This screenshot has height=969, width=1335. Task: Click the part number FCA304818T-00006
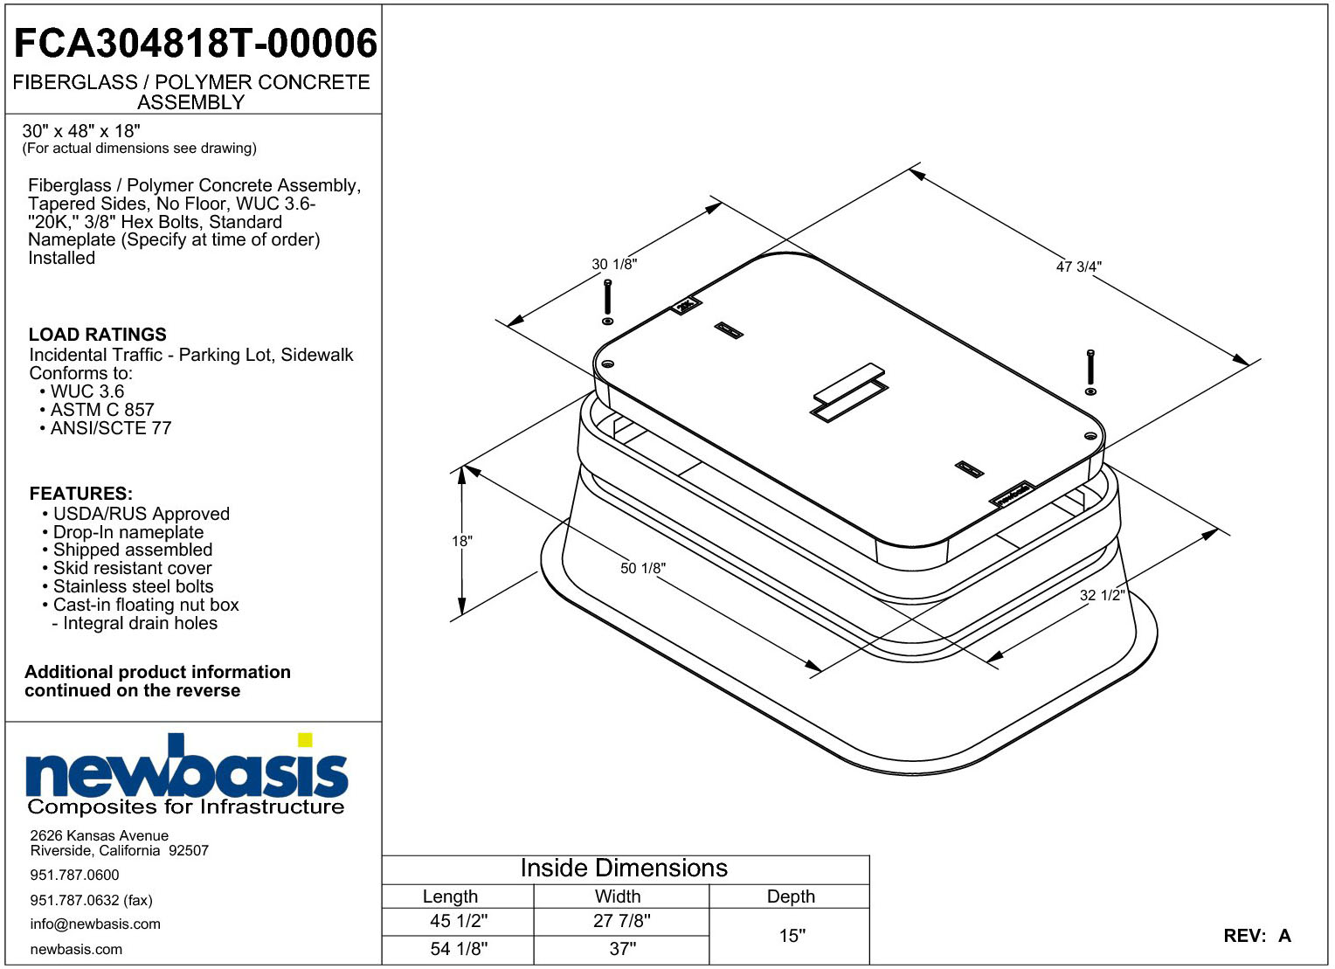click(196, 44)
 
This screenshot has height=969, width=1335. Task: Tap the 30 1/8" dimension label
click(614, 264)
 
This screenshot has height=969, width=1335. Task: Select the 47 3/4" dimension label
click(1079, 266)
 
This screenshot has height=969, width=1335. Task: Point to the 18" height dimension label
click(462, 541)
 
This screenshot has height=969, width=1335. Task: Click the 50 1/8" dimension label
click(642, 568)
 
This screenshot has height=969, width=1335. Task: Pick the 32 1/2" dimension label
click(1103, 595)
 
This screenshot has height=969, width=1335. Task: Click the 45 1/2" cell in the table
click(459, 921)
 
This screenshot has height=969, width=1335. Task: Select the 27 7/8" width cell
click(621, 921)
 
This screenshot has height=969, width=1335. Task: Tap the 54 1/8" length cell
click(459, 948)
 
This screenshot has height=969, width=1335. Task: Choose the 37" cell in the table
click(622, 948)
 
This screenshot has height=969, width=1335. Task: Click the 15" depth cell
click(792, 935)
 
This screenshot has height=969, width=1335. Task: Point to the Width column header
click(618, 896)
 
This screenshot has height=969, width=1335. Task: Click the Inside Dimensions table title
click(624, 868)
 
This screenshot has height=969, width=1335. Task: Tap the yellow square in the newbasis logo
click(305, 739)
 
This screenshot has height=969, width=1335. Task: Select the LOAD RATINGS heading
click(98, 335)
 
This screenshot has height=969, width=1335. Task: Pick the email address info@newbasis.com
click(95, 924)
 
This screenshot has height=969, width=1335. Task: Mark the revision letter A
click(1284, 936)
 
